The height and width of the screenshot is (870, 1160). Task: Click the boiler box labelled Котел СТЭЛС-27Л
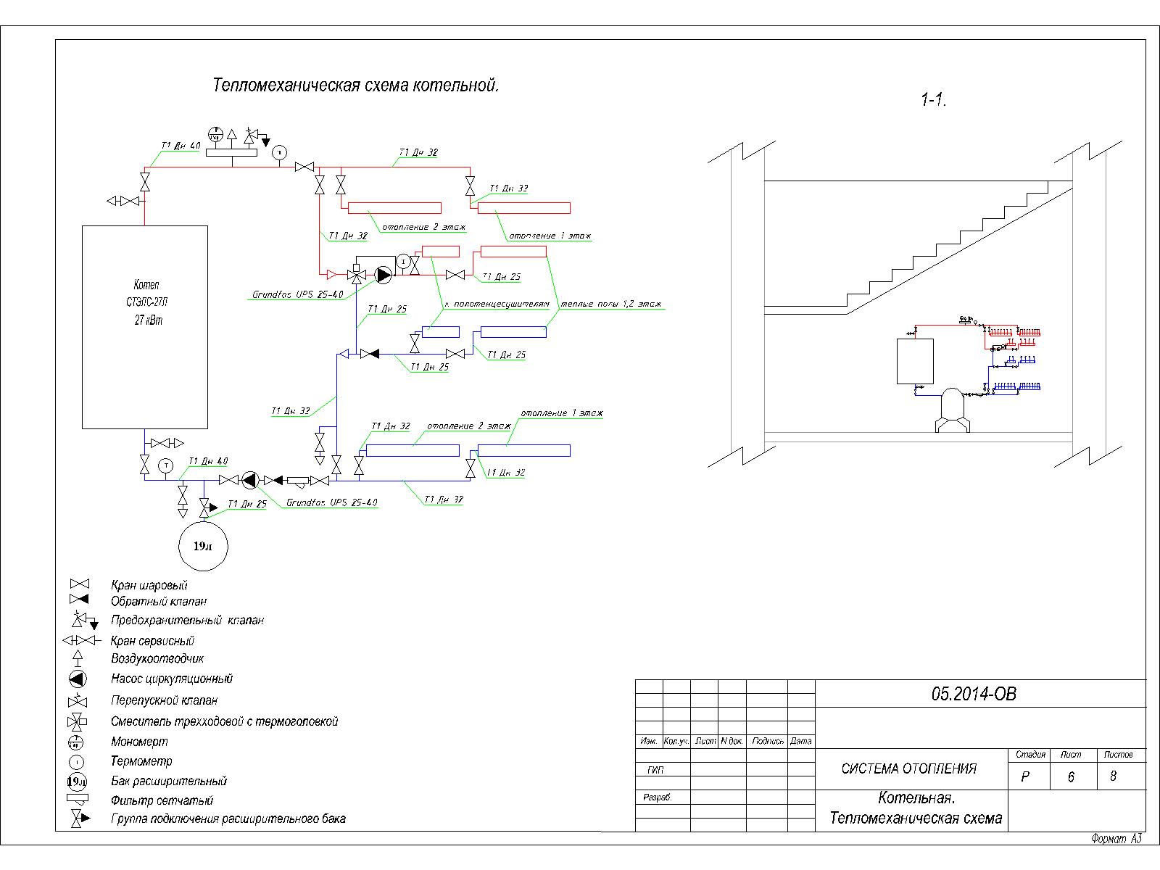(145, 326)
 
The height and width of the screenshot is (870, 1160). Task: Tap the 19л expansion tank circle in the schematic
(203, 546)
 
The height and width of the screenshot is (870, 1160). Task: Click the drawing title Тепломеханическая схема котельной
(355, 86)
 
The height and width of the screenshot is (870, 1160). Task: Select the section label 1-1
(933, 100)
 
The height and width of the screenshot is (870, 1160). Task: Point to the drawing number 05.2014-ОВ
(974, 695)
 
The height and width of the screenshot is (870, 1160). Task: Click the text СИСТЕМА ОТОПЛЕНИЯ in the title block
(908, 769)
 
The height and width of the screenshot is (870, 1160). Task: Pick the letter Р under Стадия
(1025, 776)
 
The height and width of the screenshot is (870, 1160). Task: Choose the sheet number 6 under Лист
(1071, 776)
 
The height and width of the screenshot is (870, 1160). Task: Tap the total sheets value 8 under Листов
(1114, 776)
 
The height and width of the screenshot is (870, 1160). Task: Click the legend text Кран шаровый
(149, 585)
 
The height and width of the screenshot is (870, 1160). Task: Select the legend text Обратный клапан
(158, 601)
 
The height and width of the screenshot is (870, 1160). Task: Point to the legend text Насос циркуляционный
(171, 679)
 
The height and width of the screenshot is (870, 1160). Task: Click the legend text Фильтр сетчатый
(162, 800)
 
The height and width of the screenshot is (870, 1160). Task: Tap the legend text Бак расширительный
(168, 781)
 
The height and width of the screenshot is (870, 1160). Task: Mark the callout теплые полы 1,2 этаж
(610, 304)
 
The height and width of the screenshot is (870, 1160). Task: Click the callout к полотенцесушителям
(497, 304)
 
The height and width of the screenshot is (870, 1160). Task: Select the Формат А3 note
(1116, 839)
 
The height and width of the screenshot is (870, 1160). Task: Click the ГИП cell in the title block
(655, 770)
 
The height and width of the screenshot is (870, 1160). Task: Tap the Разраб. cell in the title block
(658, 797)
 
